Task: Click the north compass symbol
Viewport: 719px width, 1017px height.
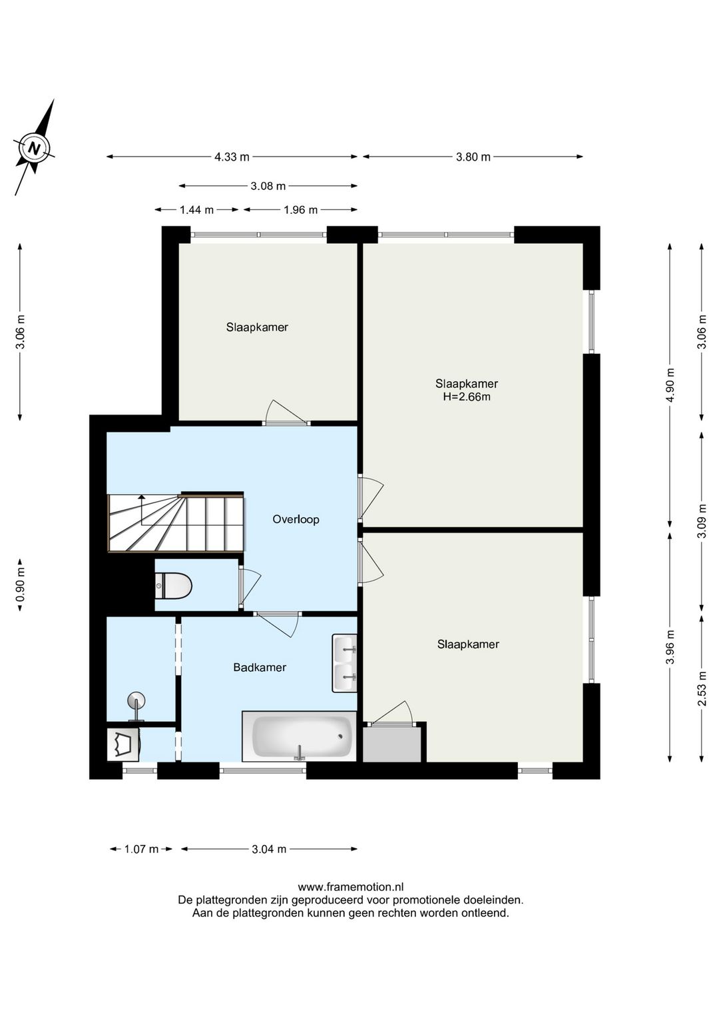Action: tap(34, 147)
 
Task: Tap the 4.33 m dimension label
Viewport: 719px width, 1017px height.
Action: tap(232, 157)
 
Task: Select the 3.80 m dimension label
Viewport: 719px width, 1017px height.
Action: tap(473, 157)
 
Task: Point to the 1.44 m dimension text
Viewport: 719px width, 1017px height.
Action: tap(196, 210)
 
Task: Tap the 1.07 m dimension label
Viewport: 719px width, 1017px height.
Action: tap(141, 849)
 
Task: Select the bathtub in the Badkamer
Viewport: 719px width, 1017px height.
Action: tap(300, 736)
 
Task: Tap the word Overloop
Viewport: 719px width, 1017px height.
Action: tap(296, 519)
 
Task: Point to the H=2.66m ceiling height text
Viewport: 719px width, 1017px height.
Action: tap(467, 397)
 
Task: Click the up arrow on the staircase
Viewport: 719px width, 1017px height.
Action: tap(142, 509)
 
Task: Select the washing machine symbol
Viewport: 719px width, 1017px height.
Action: tap(123, 744)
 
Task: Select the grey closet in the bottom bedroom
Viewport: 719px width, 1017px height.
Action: tap(392, 744)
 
